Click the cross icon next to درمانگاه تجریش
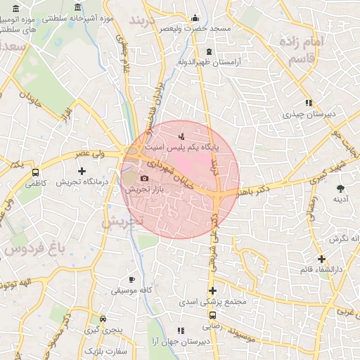82,171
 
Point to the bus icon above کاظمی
35,172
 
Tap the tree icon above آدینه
341,188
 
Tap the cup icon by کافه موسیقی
132,279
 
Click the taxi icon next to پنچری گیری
103,318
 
